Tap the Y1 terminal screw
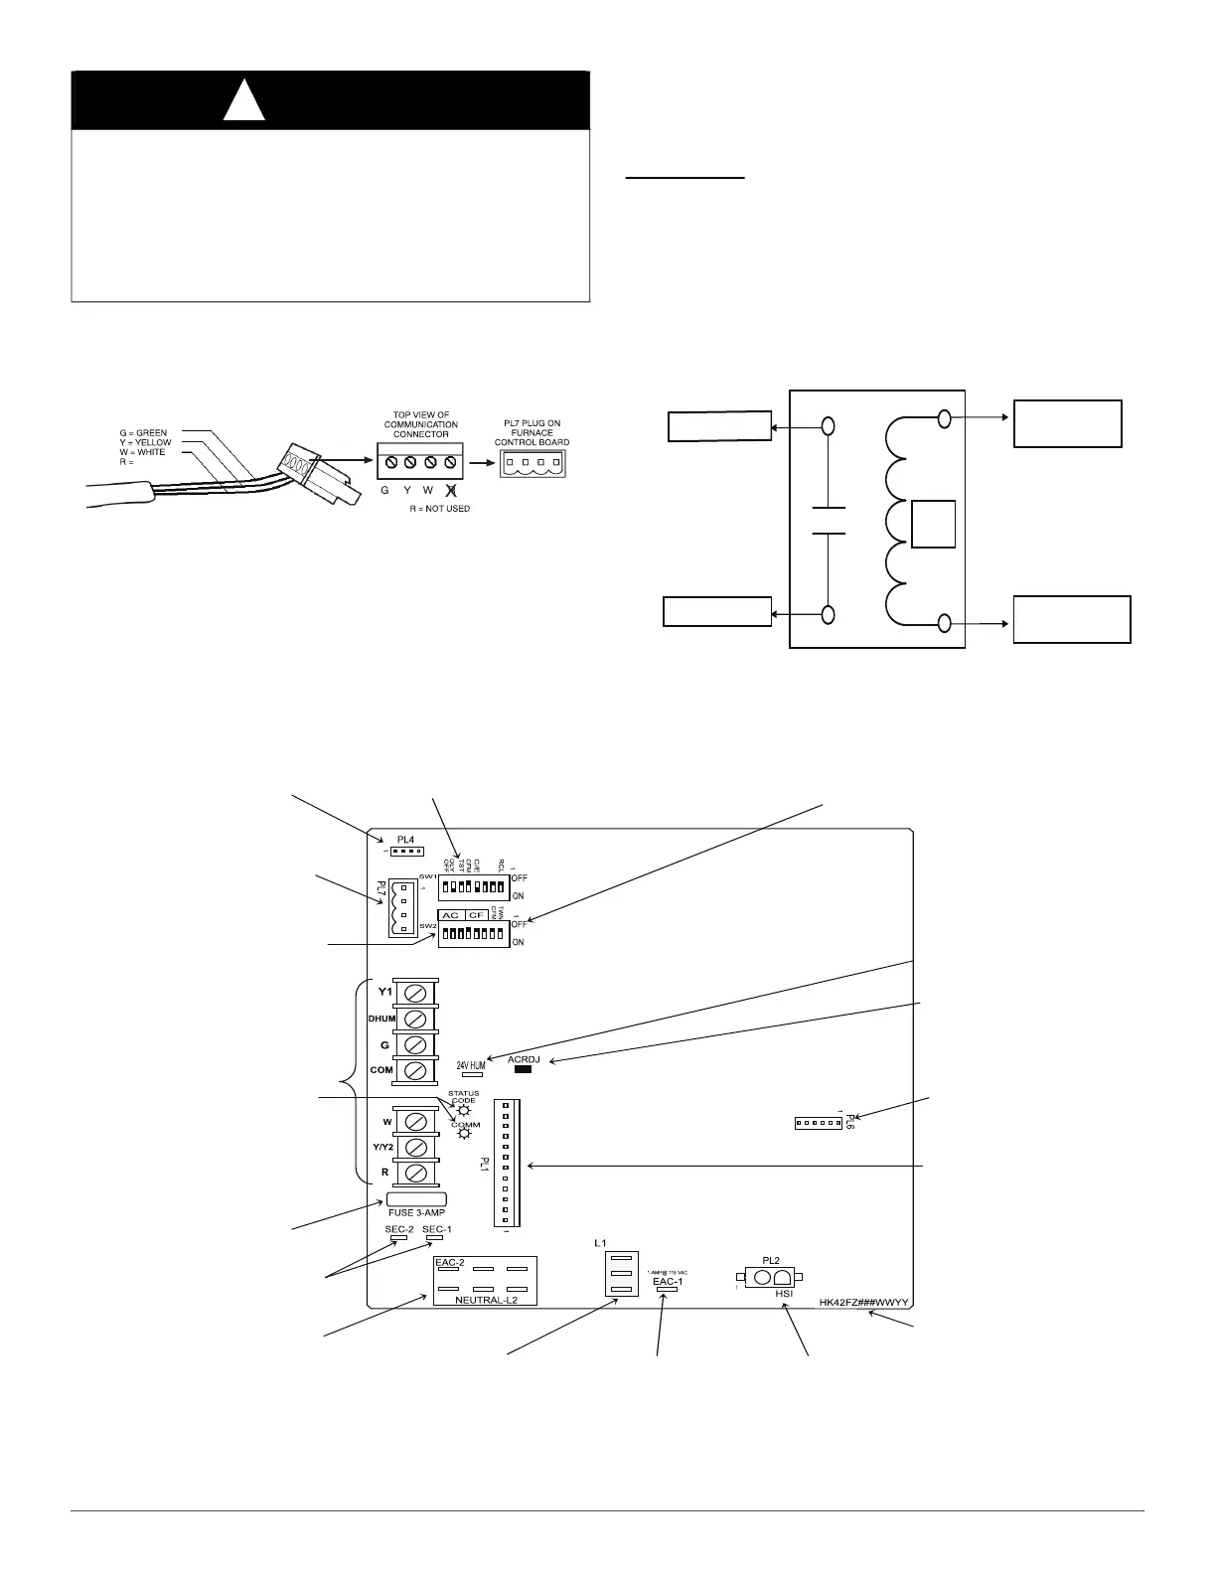(x=417, y=993)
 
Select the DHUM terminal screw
(x=417, y=1019)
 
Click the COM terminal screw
(x=417, y=1070)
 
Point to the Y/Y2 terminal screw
(x=417, y=1148)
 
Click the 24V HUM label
(x=471, y=1065)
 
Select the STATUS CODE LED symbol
(x=463, y=1110)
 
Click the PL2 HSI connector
(x=770, y=1277)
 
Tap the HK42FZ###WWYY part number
(x=864, y=1302)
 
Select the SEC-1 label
(x=437, y=1229)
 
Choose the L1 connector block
(x=619, y=1273)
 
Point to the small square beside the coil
(x=933, y=525)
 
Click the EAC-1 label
(x=668, y=1282)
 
